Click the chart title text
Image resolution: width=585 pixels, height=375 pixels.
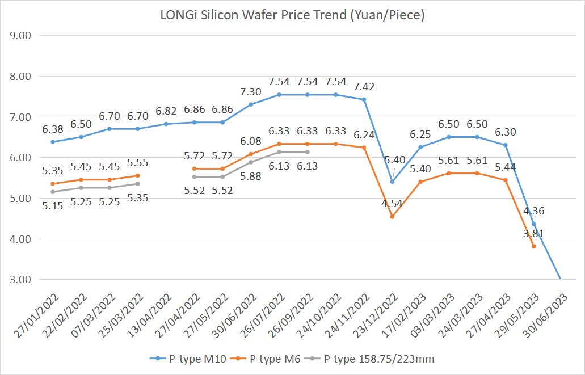click(292, 15)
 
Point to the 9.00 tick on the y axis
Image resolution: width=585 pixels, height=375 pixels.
click(20, 35)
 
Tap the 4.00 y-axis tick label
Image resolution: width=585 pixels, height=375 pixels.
click(20, 239)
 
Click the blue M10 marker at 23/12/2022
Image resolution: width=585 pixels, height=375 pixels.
click(392, 182)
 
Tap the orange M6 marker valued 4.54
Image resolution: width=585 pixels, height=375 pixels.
click(392, 216)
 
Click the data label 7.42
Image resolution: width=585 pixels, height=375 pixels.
click(364, 87)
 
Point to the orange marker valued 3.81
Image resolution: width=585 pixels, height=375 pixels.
click(533, 246)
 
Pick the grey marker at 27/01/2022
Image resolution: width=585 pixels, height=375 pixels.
click(53, 192)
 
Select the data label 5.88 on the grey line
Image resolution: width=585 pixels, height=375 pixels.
click(251, 176)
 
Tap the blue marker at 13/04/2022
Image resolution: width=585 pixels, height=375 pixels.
click(166, 124)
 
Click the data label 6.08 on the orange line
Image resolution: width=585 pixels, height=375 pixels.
click(251, 141)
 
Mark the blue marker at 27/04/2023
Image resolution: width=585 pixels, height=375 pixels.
click(505, 145)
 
